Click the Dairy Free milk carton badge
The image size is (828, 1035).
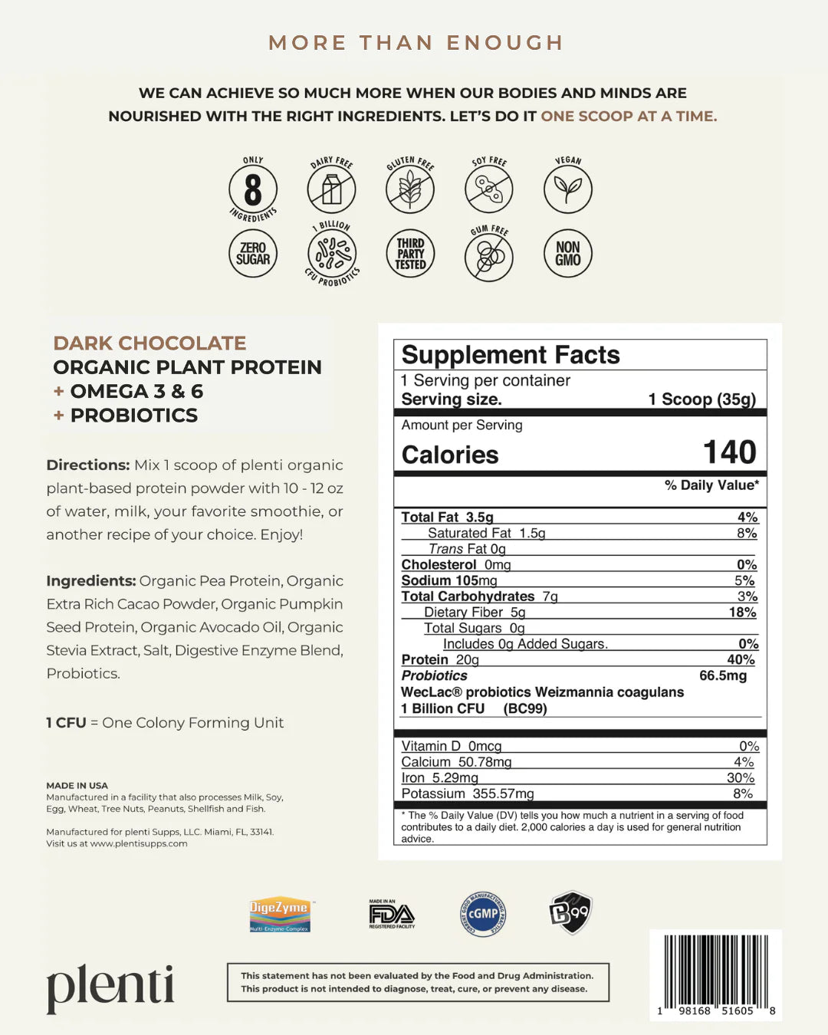(x=331, y=189)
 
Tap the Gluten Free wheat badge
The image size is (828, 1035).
(x=410, y=189)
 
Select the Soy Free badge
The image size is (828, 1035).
(x=489, y=189)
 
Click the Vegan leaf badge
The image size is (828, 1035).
(x=568, y=189)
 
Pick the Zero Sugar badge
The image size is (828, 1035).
(x=253, y=254)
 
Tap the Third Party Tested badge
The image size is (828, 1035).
(x=410, y=254)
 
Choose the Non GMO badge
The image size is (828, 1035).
(x=568, y=254)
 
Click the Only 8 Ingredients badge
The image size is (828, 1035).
(x=253, y=189)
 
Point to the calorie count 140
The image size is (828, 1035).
(x=729, y=452)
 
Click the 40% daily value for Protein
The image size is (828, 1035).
(x=741, y=659)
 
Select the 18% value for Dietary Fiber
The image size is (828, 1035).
(x=742, y=612)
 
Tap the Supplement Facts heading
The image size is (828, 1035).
(x=511, y=355)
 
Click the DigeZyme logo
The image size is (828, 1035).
(x=279, y=914)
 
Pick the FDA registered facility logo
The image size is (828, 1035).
(x=392, y=914)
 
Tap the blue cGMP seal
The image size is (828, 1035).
(x=483, y=913)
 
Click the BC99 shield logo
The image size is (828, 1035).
(x=570, y=912)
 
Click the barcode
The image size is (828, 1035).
(x=715, y=972)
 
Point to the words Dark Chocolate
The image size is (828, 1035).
(x=149, y=343)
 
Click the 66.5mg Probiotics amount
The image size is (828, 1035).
(x=722, y=675)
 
